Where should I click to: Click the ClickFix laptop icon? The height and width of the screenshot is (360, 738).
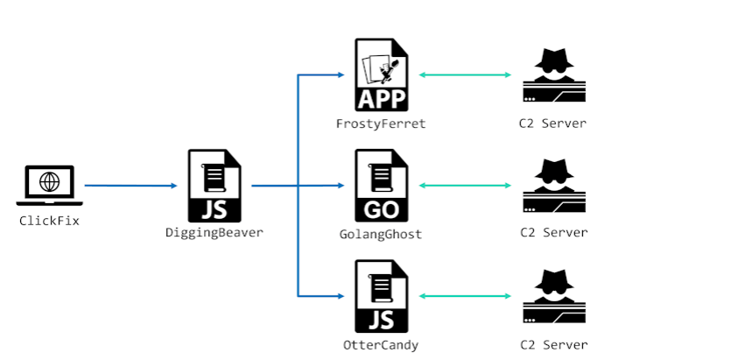tap(50, 186)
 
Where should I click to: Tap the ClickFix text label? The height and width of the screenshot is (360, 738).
tap(50, 221)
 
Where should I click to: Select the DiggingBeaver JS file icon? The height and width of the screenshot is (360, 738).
tap(214, 185)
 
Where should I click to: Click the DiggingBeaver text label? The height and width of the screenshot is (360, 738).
tap(214, 233)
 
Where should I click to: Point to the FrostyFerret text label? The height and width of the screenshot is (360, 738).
tap(381, 124)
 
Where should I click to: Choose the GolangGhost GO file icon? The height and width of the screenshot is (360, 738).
tap(381, 185)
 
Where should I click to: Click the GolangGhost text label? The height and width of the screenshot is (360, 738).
tap(381, 234)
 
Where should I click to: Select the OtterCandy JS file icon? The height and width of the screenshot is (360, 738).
tap(381, 296)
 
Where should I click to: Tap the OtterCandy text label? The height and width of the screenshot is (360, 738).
tap(381, 344)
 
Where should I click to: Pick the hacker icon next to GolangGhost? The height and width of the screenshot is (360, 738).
tap(553, 186)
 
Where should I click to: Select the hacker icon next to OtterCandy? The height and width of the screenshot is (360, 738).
tap(553, 296)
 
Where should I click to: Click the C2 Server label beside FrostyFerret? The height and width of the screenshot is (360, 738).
tap(552, 124)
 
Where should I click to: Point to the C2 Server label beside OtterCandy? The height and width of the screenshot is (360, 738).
tap(552, 344)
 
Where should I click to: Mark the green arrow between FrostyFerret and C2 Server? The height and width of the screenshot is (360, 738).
tap(465, 75)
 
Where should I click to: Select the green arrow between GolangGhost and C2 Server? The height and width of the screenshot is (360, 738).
tap(465, 186)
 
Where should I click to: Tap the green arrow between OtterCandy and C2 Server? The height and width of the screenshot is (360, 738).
tap(465, 296)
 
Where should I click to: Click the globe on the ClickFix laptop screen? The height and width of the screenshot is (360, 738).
tap(50, 182)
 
